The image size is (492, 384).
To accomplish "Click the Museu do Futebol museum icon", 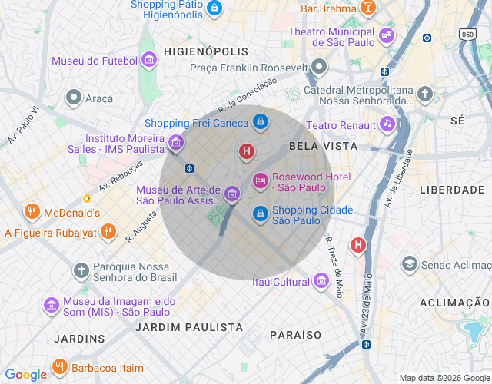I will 151,61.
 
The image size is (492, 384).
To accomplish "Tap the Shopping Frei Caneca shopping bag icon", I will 261,122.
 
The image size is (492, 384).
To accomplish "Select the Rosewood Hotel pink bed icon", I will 261,180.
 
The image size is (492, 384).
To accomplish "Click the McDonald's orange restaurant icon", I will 32,211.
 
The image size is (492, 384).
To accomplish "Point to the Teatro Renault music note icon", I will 387,124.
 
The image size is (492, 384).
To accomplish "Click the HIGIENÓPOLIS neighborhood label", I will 205,51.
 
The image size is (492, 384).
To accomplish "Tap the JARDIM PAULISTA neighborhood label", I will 188,327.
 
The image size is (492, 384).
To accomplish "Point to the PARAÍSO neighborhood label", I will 296,335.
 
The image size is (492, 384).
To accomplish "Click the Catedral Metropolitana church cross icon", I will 425,94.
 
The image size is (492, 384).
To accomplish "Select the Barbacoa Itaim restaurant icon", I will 61,366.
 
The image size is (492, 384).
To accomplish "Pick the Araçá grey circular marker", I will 74,98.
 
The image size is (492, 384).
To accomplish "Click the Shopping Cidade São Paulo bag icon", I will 261,213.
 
